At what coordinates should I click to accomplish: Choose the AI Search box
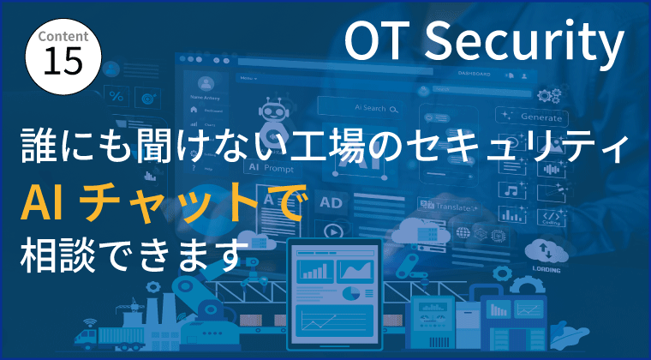tap(361, 109)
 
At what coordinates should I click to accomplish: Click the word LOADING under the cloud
tap(546, 267)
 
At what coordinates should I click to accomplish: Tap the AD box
tap(331, 202)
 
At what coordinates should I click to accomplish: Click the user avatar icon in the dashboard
tap(206, 84)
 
